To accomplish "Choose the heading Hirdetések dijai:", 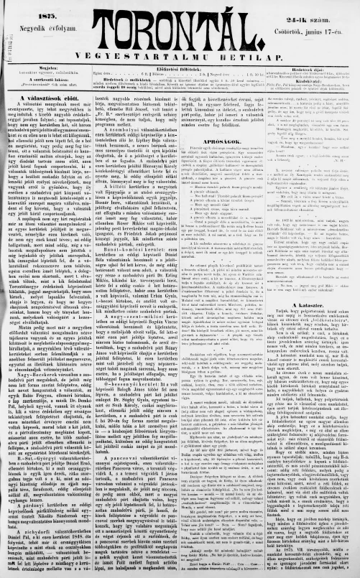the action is pos(311,69).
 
